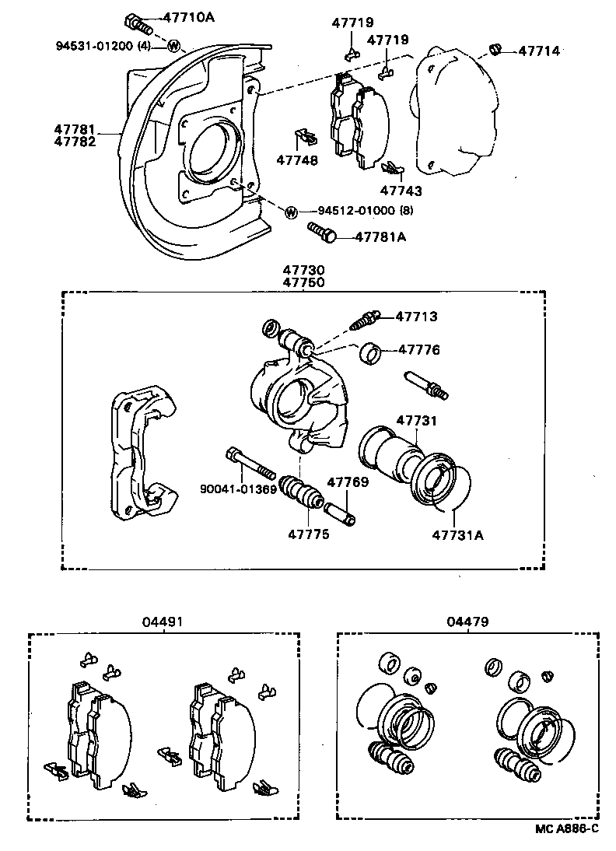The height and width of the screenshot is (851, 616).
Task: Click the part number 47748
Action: (296, 160)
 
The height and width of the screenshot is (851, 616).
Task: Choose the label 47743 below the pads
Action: (401, 190)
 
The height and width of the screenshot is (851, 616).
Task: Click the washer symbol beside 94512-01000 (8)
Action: (291, 212)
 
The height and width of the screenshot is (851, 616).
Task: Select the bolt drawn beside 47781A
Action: (323, 231)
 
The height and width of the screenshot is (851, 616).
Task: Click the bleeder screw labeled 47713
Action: (366, 319)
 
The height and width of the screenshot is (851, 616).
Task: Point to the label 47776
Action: (419, 350)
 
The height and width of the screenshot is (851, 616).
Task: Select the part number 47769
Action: (347, 482)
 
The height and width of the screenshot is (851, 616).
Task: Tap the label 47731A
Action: (458, 534)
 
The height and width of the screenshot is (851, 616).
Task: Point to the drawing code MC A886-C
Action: (565, 829)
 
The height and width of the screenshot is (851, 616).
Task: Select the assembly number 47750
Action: (303, 282)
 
